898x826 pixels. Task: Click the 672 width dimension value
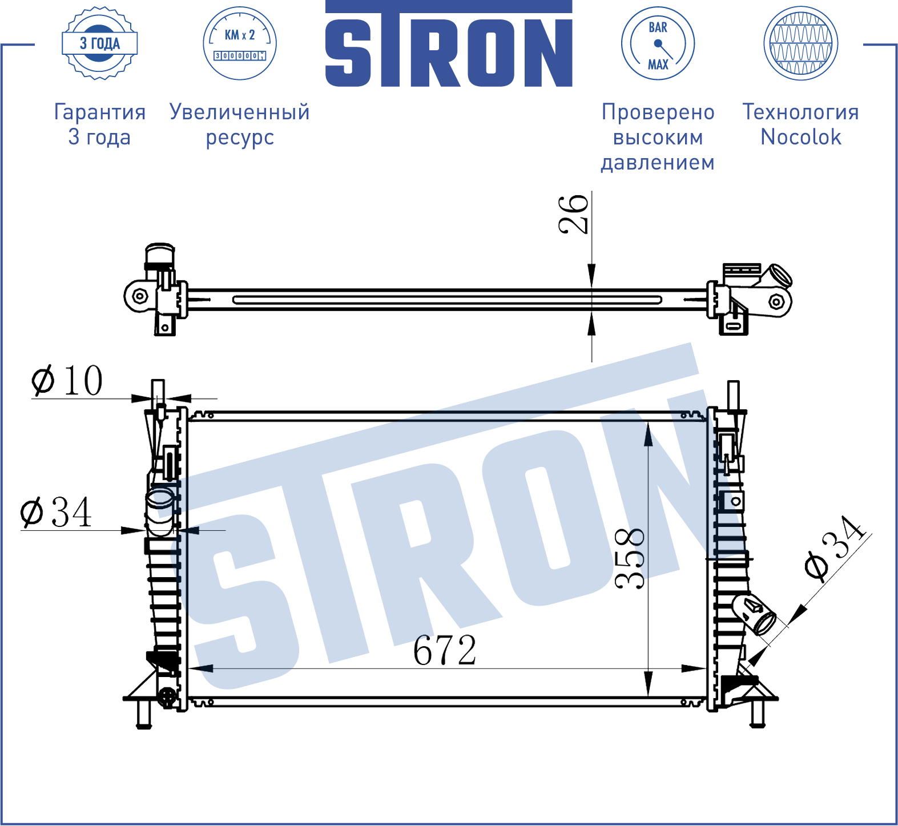(444, 650)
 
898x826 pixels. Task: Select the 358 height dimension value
(630, 559)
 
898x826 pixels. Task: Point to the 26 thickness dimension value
(573, 213)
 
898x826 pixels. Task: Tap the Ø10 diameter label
(67, 380)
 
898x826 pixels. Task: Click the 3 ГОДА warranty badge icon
(100, 43)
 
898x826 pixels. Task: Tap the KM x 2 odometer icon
(240, 43)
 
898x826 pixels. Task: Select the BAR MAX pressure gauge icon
(658, 43)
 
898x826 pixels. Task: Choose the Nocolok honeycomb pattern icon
(801, 43)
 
